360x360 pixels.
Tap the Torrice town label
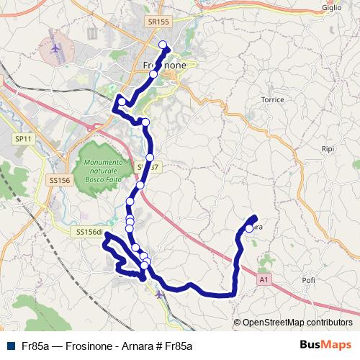click(273, 98)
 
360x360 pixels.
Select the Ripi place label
click(329, 149)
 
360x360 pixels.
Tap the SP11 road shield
click(24, 138)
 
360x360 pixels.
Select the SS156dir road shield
click(91, 232)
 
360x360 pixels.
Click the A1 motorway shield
click(264, 279)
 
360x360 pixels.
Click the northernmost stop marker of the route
click(162, 45)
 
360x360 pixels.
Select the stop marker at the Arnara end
click(249, 228)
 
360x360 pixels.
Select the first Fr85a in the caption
click(35, 346)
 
